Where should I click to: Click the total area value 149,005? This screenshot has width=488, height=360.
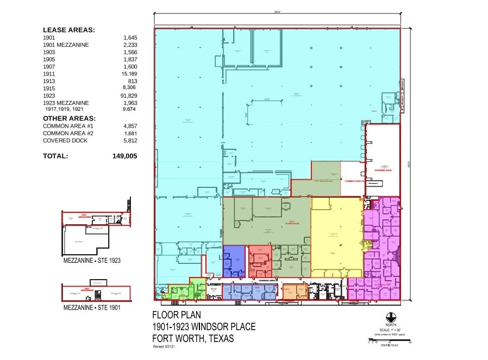pos(124,156)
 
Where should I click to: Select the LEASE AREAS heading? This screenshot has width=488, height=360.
pos(69,30)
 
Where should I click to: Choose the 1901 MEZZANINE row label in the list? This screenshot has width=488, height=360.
pos(66,45)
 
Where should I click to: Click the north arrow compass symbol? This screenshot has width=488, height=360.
pos(391,317)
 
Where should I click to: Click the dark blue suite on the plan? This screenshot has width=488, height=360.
pos(234,261)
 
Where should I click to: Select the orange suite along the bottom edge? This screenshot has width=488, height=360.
pos(295,292)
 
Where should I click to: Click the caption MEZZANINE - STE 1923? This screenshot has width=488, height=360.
pos(91,261)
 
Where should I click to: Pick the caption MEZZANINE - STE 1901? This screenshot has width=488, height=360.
pos(91,307)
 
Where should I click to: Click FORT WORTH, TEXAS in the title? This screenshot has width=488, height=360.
pos(193,338)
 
